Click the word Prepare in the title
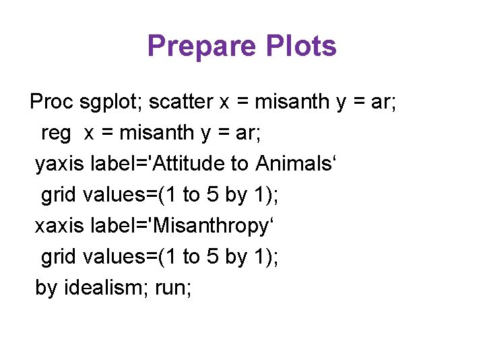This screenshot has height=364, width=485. coord(201,47)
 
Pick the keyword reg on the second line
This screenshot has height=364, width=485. coord(56,133)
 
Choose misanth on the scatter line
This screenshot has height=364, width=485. coord(292,102)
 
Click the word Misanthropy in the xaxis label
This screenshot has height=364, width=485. coord(209,226)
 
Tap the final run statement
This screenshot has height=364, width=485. coord(172,289)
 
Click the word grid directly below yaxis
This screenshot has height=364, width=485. coord(59,195)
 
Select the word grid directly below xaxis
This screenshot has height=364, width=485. coord(59,257)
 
